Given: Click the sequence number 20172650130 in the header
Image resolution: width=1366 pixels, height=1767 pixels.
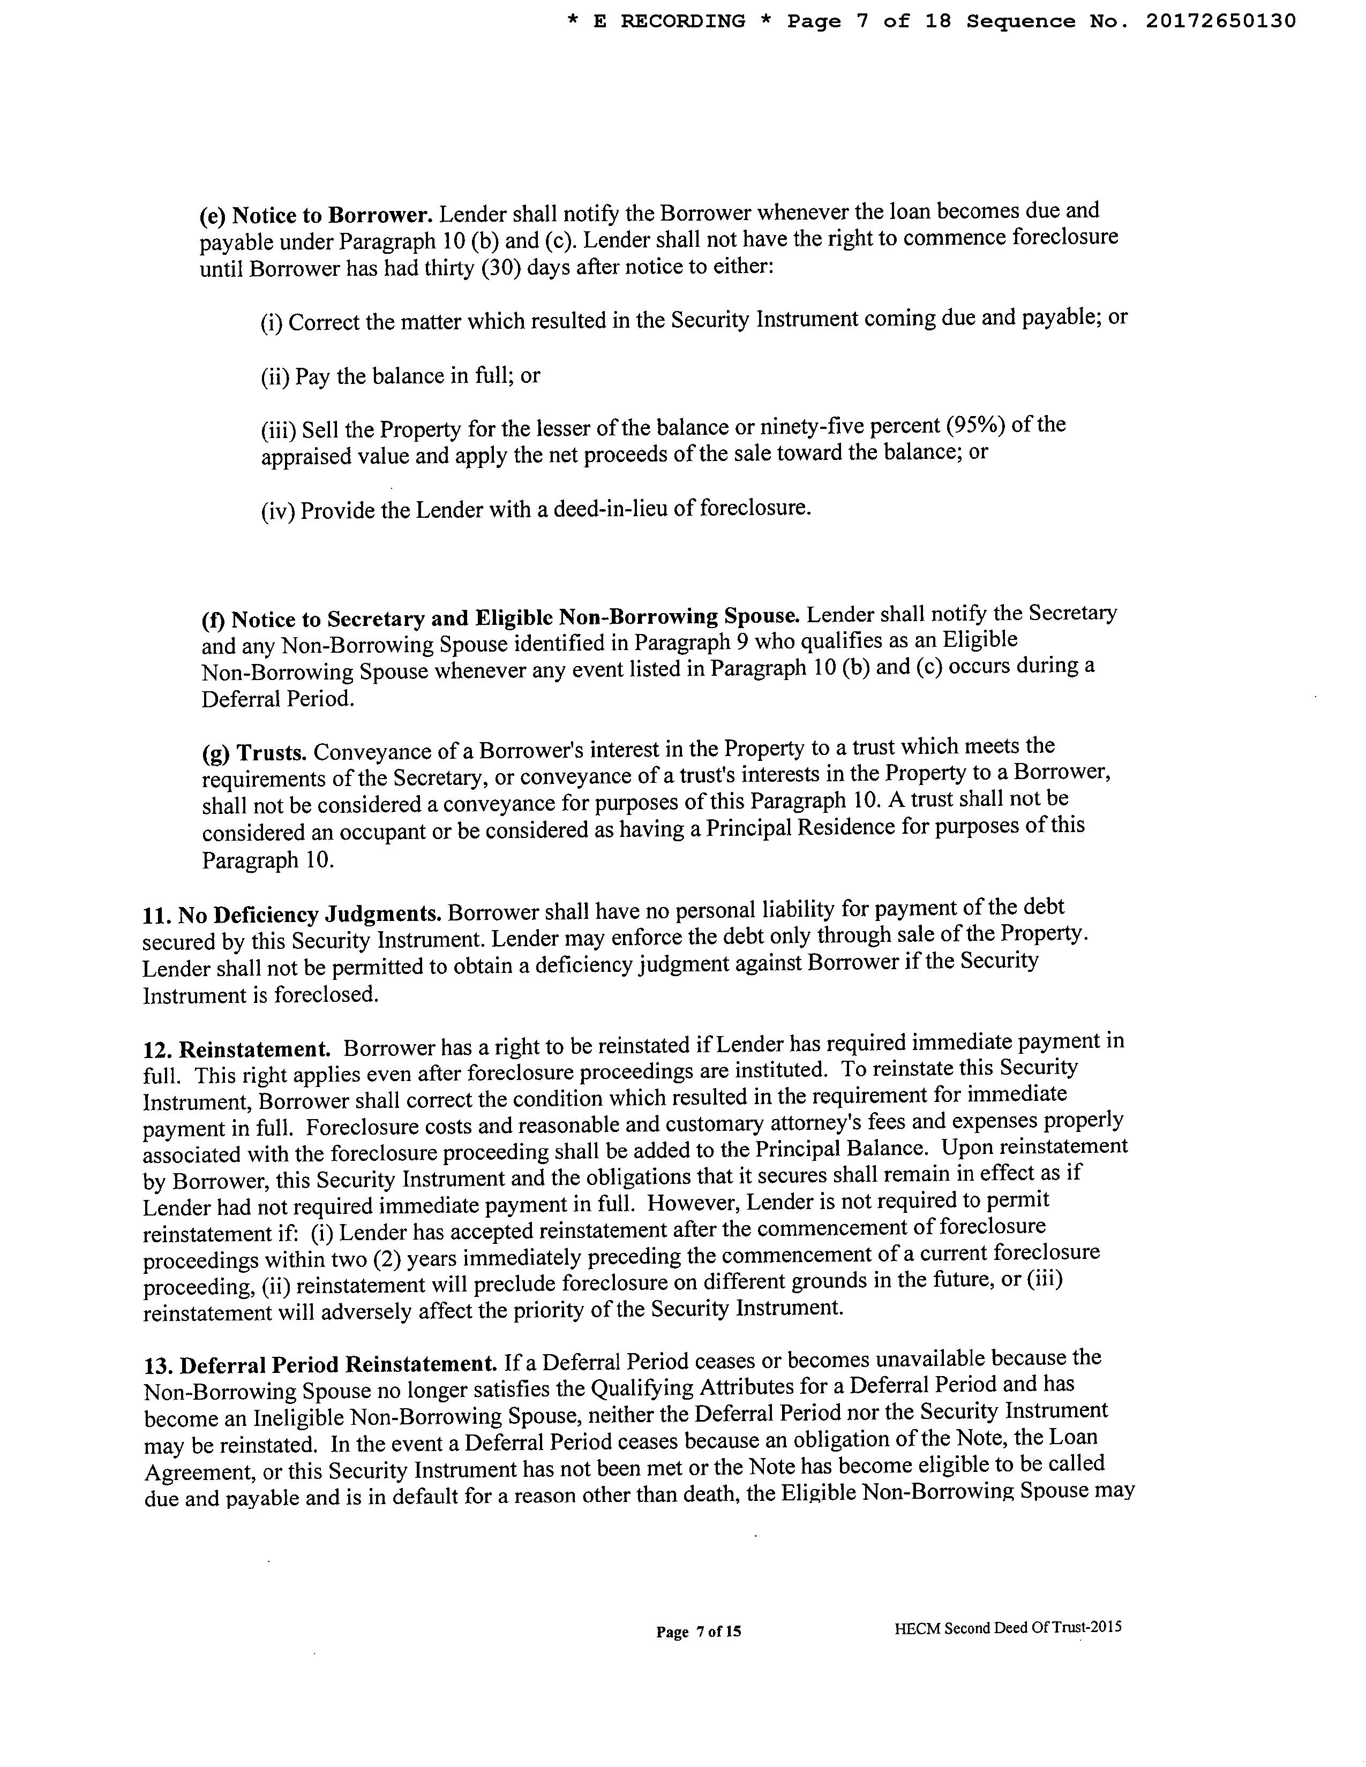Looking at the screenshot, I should [x=1220, y=21].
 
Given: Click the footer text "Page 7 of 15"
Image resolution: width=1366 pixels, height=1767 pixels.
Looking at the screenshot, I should [x=699, y=1632].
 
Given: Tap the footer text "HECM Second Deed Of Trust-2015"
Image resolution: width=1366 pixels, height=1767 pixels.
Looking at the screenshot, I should [x=1008, y=1628].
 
